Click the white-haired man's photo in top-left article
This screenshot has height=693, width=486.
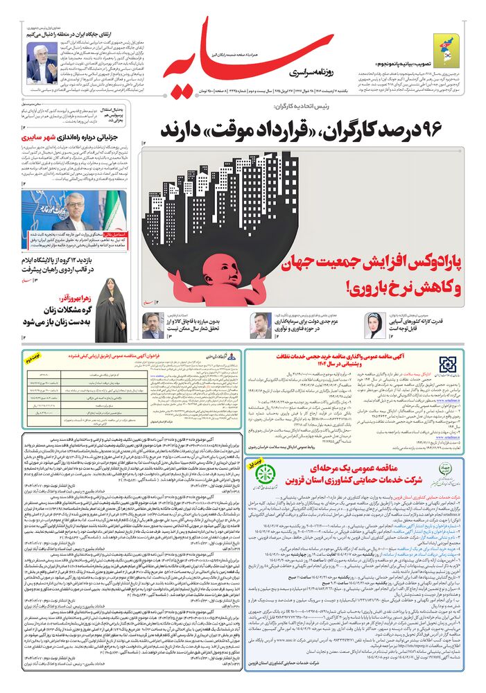42,62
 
